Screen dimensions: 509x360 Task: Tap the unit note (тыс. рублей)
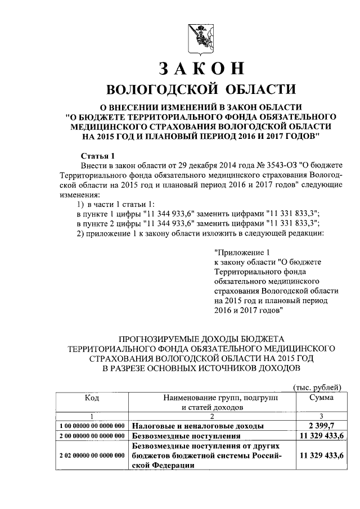[x=317, y=387]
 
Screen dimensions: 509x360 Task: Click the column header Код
[x=92, y=398]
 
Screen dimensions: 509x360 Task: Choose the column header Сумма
[x=321, y=398]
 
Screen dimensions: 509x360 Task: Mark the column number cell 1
[x=92, y=416]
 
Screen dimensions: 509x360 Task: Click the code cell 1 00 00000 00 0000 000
[x=92, y=426]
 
